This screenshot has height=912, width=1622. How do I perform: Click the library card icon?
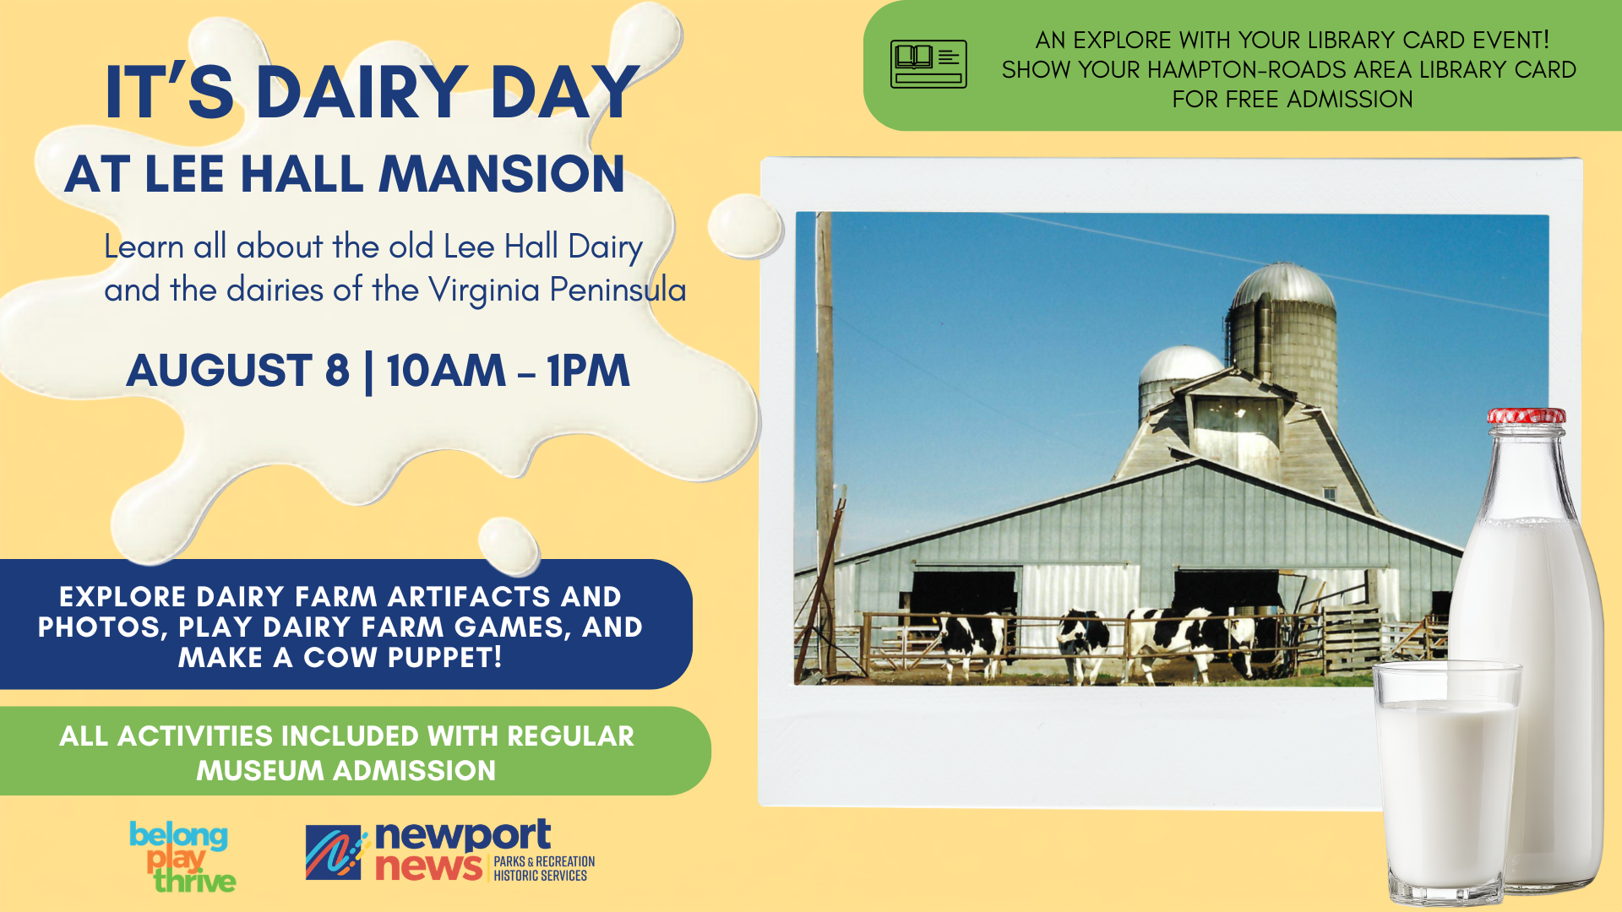pyautogui.click(x=928, y=64)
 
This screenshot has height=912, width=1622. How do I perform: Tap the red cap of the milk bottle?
pyautogui.click(x=1527, y=416)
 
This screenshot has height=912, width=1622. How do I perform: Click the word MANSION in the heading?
pyautogui.click(x=502, y=174)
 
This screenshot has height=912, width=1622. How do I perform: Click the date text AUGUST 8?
pyautogui.click(x=237, y=371)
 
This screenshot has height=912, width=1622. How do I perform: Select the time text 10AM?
pyautogui.click(x=446, y=371)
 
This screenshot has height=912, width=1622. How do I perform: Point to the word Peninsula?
pyautogui.click(x=618, y=290)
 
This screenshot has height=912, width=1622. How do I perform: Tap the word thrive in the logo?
pyautogui.click(x=194, y=882)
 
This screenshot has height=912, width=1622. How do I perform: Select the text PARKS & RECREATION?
pyautogui.click(x=544, y=861)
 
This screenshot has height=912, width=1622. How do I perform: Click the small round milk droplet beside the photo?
pyautogui.click(x=744, y=225)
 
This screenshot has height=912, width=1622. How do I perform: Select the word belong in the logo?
pyautogui.click(x=178, y=835)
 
